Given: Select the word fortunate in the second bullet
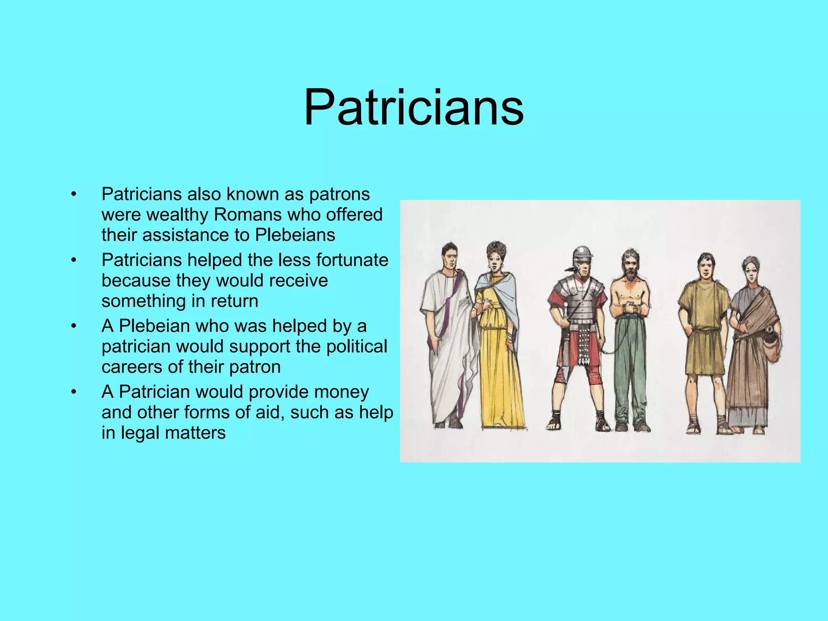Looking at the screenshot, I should (352, 260).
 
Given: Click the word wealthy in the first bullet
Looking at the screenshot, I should (178, 215).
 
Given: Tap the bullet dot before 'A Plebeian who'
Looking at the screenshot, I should (73, 326).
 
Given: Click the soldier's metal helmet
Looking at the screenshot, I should (582, 256).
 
